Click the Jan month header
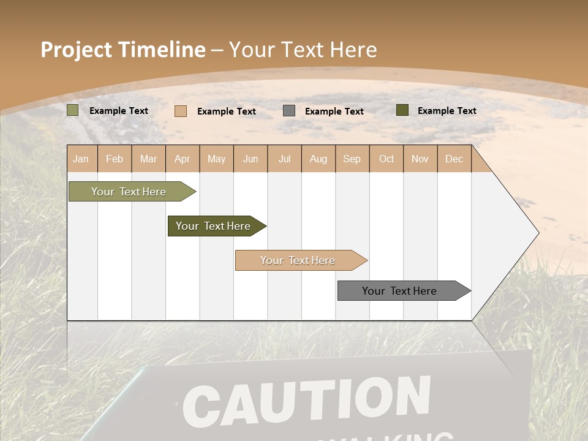(x=81, y=159)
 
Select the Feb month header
(x=115, y=159)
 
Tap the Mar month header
(x=148, y=159)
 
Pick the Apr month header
(x=183, y=159)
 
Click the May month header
(x=216, y=159)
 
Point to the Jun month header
(x=251, y=159)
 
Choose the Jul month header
(x=284, y=159)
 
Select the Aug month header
(x=318, y=159)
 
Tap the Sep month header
(x=352, y=159)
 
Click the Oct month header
(x=386, y=159)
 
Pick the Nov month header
(x=420, y=159)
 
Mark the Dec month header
(x=454, y=159)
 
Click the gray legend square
(x=289, y=111)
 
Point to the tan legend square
(x=181, y=111)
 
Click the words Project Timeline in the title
(x=123, y=50)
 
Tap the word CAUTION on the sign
(x=306, y=401)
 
